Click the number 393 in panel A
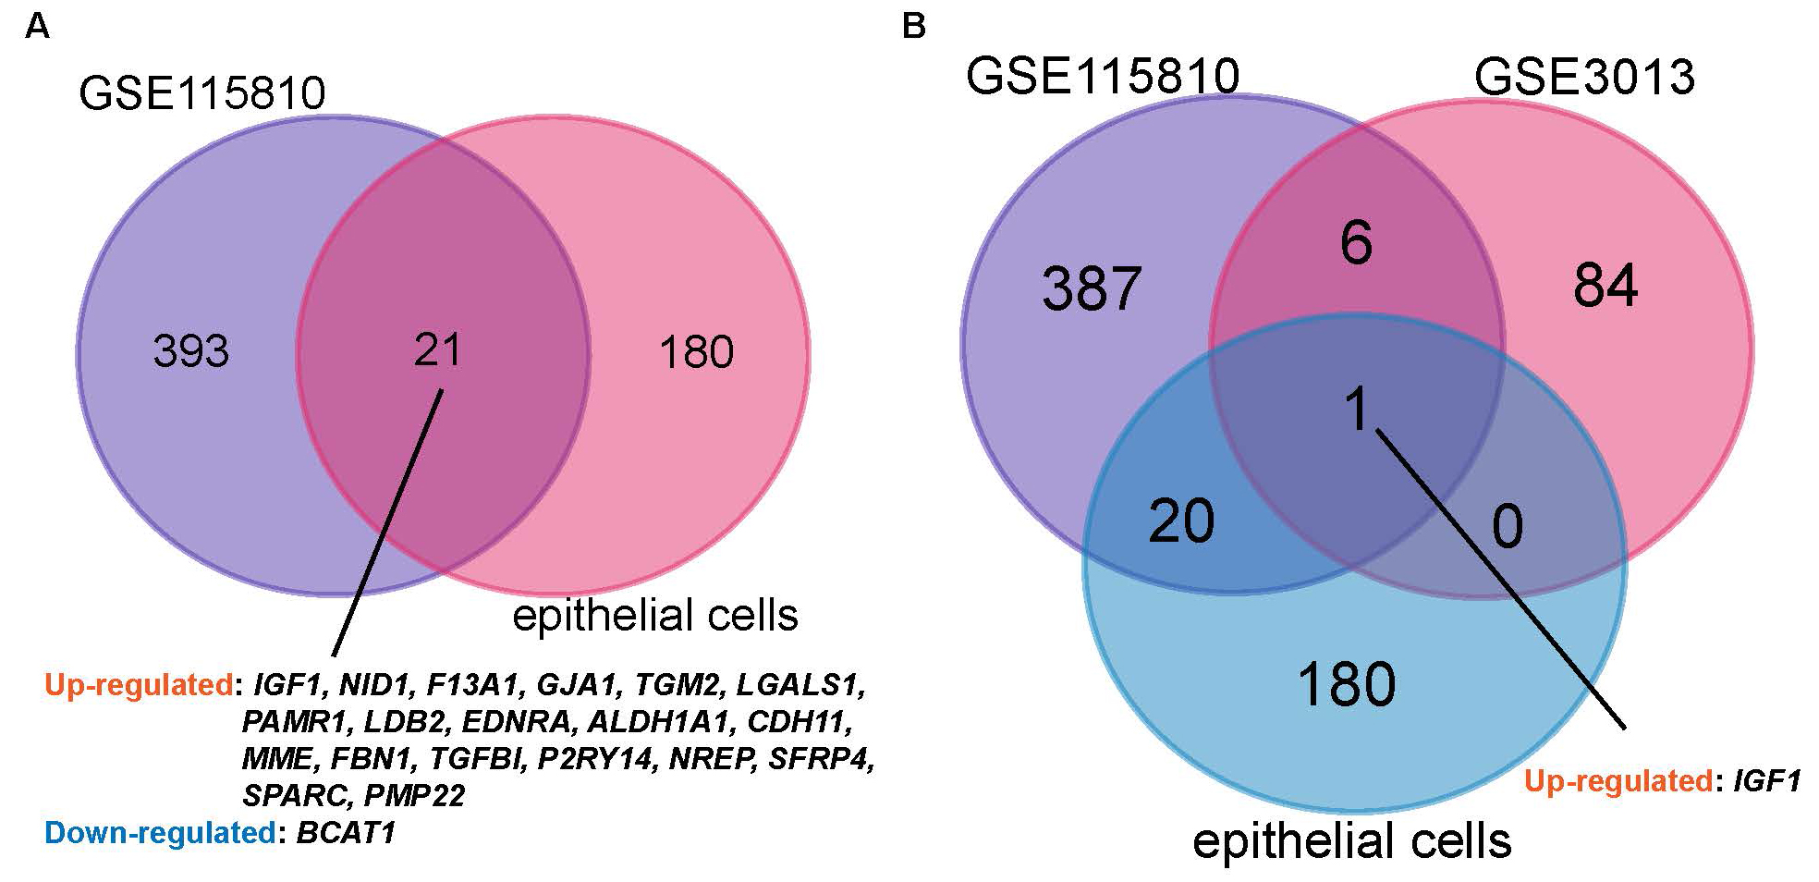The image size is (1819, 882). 191,351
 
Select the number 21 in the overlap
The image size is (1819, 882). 437,349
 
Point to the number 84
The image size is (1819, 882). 1605,286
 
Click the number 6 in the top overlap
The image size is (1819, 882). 1356,243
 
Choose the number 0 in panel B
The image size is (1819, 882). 1508,527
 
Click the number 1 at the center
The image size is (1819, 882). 1357,410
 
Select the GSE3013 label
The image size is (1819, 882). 1584,76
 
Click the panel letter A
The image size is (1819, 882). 37,27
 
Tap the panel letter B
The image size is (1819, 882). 913,27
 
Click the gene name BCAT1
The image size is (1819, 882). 346,833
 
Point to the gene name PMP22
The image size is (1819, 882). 414,795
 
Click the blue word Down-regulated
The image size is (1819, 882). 159,833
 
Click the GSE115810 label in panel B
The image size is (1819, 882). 1103,76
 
